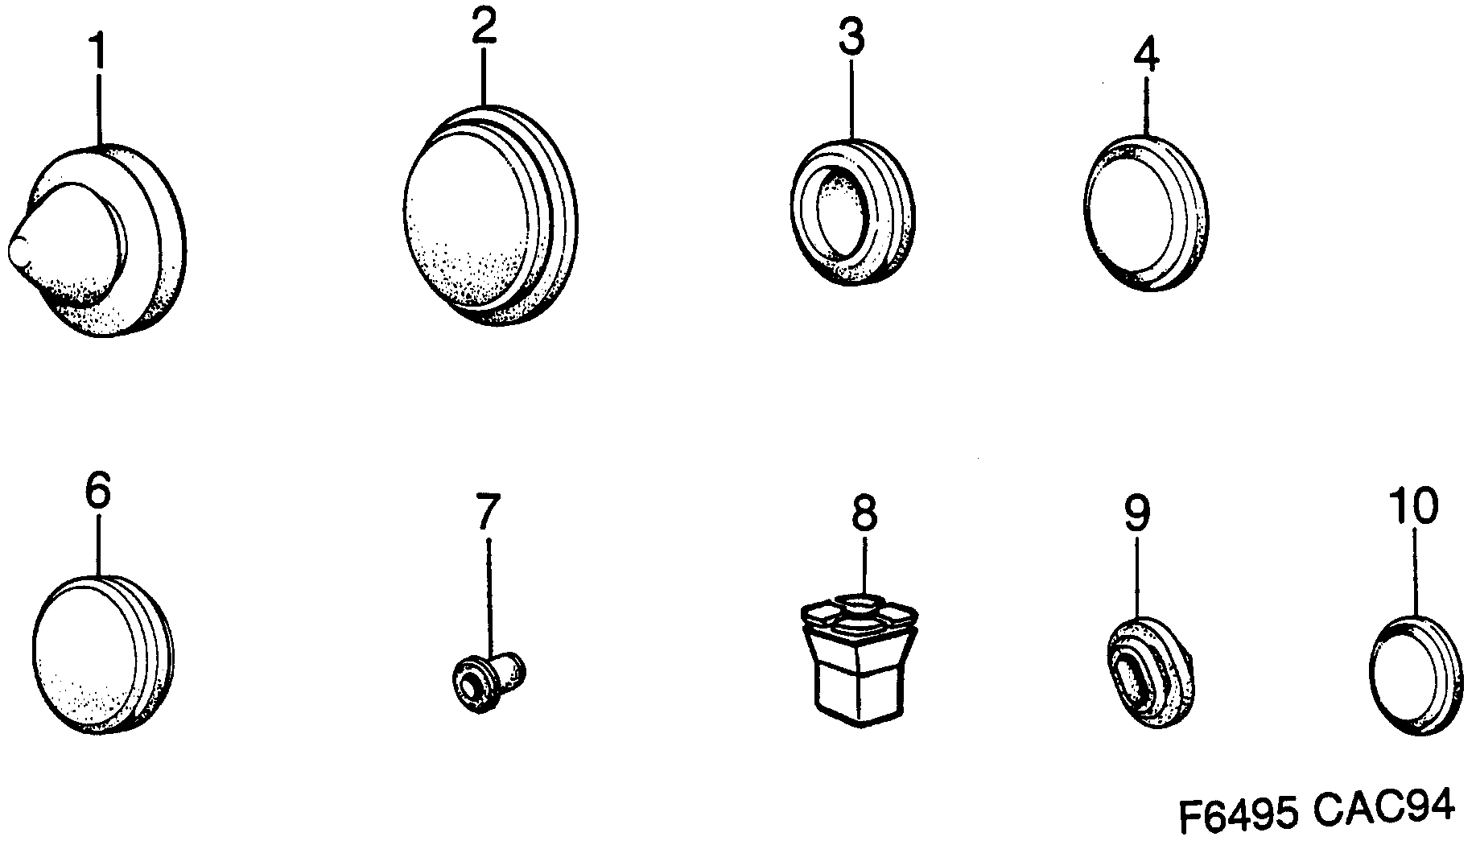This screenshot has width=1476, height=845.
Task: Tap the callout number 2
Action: pyautogui.click(x=484, y=29)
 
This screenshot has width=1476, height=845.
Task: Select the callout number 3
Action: pyautogui.click(x=851, y=39)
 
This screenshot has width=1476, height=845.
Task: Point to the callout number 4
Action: pyautogui.click(x=1146, y=54)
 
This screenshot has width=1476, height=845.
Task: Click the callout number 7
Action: pyautogui.click(x=487, y=512)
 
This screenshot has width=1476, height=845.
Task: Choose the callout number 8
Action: pyautogui.click(x=864, y=513)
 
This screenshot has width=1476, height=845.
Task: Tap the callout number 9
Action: pyautogui.click(x=1136, y=513)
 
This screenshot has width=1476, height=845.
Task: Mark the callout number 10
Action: pyautogui.click(x=1412, y=506)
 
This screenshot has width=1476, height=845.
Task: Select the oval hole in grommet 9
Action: pyautogui.click(x=1135, y=676)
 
